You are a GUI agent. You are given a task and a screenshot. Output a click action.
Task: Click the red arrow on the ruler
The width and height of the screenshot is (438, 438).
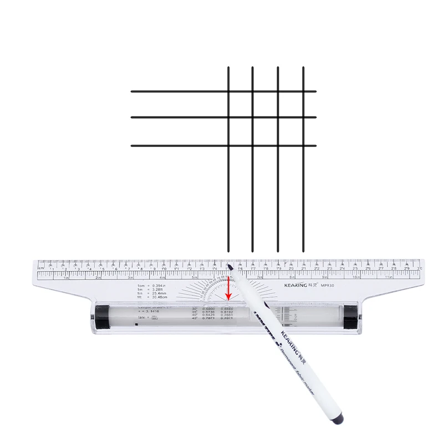point(228,289)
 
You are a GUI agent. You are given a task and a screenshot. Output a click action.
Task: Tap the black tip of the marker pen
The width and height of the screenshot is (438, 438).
point(230,267)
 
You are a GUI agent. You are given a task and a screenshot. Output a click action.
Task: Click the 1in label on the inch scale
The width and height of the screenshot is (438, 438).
point(67,278)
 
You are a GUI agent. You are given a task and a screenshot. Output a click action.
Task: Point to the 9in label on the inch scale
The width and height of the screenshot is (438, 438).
point(325,277)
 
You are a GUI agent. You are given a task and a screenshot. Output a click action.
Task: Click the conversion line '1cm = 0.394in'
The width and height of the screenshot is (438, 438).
point(152,286)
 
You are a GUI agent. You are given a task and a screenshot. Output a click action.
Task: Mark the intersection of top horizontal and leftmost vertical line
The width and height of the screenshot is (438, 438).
point(228,91)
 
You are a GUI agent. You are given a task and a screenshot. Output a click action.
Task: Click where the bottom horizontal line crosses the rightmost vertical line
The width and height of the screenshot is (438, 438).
point(303,146)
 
